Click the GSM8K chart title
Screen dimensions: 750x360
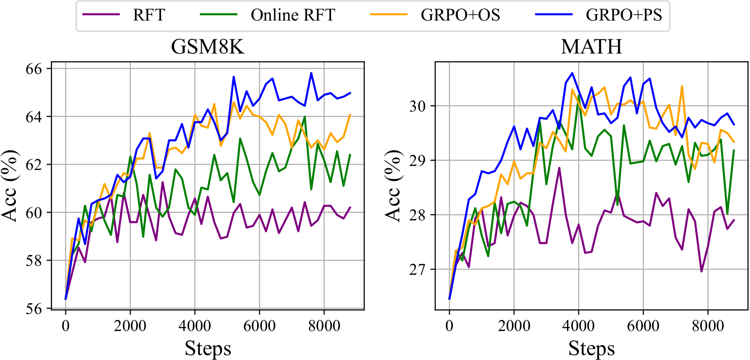207,46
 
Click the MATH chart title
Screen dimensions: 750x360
591,46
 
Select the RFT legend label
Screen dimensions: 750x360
149,15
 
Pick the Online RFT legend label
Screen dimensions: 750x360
293,15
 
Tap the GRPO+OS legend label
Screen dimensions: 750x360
460,15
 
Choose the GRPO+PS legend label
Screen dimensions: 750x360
624,15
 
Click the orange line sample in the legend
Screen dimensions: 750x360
389,14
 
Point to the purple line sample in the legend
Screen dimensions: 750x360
101,14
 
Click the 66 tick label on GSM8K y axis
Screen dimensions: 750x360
34,69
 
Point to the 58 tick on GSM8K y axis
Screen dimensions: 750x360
34,261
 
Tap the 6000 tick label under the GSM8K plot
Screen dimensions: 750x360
259,326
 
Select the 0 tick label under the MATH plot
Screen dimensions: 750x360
449,326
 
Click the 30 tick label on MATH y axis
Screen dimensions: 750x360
418,106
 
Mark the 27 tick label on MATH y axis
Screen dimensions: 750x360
418,269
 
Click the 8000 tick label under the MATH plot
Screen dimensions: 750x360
708,326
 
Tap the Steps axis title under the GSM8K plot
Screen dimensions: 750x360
207,348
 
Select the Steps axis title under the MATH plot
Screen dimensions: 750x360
591,348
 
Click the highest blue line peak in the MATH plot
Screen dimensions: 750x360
572,73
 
